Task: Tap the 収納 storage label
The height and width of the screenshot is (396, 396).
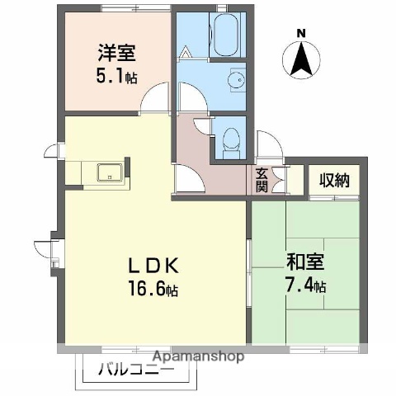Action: [334, 179]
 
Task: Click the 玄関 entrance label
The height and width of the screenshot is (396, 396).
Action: [261, 180]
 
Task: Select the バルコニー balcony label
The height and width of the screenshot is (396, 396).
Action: [137, 370]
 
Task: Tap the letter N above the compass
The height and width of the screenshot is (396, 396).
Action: [301, 34]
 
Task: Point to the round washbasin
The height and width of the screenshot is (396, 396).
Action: [234, 81]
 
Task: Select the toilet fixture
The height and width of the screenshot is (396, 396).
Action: [229, 136]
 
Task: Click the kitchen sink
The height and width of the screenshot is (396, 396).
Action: [109, 172]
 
